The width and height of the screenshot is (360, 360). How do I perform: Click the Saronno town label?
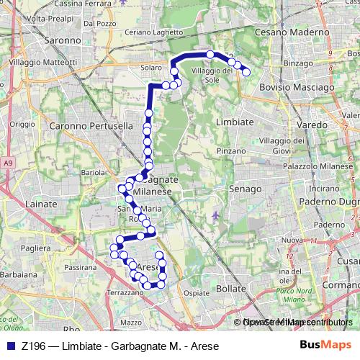(62, 40)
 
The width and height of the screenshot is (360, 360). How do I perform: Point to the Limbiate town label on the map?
(235, 122)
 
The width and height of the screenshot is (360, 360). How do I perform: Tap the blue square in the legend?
(9, 345)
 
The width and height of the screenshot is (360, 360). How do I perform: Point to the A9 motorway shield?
(7, 164)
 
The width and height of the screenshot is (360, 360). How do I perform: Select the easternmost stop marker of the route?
(246, 71)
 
